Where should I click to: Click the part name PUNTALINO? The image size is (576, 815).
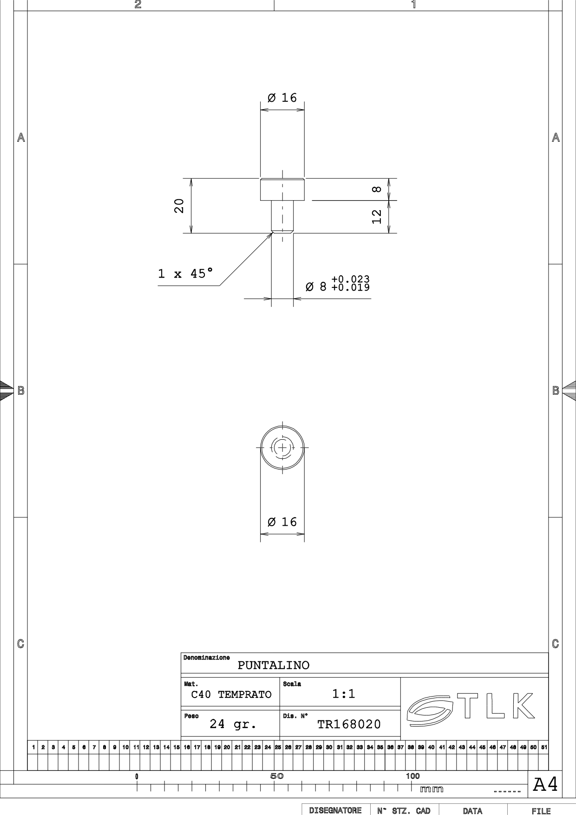pyautogui.click(x=274, y=665)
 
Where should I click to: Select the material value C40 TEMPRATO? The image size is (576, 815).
pyautogui.click(x=231, y=695)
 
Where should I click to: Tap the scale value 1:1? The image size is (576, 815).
pyautogui.click(x=344, y=694)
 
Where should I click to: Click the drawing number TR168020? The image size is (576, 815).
pyautogui.click(x=349, y=724)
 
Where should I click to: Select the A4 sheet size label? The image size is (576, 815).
pyautogui.click(x=545, y=784)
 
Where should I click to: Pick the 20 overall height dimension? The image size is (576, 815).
pyautogui.click(x=179, y=206)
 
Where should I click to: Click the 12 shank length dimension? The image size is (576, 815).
pyautogui.click(x=377, y=216)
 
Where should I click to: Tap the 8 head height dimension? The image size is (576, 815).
pyautogui.click(x=377, y=189)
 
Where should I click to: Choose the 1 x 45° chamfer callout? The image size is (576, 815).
pyautogui.click(x=186, y=273)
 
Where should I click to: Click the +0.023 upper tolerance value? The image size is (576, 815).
pyautogui.click(x=351, y=279)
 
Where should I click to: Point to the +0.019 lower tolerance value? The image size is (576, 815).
pyautogui.click(x=351, y=287)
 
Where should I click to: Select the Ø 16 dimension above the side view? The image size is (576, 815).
pyautogui.click(x=282, y=98)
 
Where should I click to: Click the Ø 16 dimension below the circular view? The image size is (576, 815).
pyautogui.click(x=282, y=522)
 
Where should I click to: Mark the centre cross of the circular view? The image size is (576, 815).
pyautogui.click(x=282, y=448)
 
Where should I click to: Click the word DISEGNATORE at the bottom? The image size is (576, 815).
pyautogui.click(x=335, y=811)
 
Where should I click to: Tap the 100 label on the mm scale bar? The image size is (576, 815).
pyautogui.click(x=412, y=776)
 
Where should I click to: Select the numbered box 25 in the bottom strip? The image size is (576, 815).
pyautogui.click(x=278, y=747)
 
